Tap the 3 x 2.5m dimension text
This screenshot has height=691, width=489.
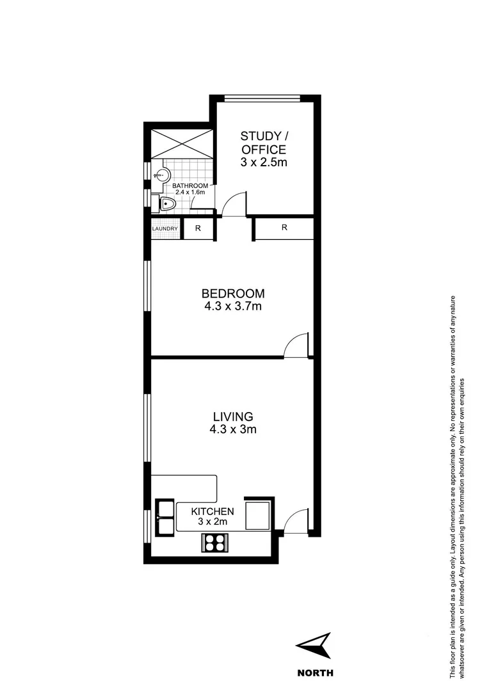263,162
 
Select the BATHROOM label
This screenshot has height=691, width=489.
191,186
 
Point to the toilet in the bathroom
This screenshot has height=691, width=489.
168,204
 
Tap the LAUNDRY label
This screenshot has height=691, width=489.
164,228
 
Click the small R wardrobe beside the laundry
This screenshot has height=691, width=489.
198,228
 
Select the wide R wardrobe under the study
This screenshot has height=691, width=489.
284,228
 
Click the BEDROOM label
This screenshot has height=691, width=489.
232,294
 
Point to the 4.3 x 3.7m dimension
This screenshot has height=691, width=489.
232,307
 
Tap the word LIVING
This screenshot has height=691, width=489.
232,417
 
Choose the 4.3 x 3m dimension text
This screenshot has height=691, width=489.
232,430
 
